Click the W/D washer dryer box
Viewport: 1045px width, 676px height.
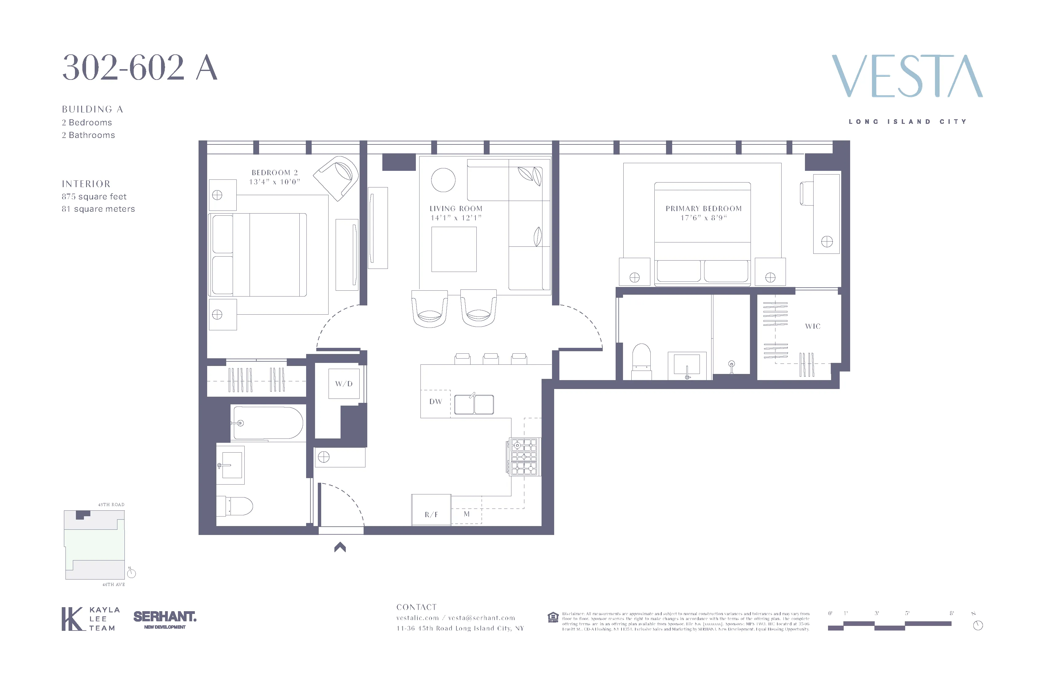pos(344,384)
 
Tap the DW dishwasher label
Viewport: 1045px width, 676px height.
pos(436,402)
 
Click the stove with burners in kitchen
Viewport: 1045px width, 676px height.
pos(524,457)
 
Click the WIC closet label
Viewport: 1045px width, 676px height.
pos(813,326)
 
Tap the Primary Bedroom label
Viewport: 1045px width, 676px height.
pos(704,209)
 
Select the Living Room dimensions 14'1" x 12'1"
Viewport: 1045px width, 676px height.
pos(456,218)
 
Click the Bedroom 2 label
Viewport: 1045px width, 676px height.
pos(274,172)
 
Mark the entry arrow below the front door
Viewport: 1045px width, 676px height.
pos(340,547)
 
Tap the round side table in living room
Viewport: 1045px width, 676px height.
pos(443,180)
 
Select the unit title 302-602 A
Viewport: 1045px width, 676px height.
pos(140,68)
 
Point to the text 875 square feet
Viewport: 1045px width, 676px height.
pos(94,197)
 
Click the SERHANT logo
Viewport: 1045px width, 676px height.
pos(165,617)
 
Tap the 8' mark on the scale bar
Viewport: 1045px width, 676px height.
pos(952,613)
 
